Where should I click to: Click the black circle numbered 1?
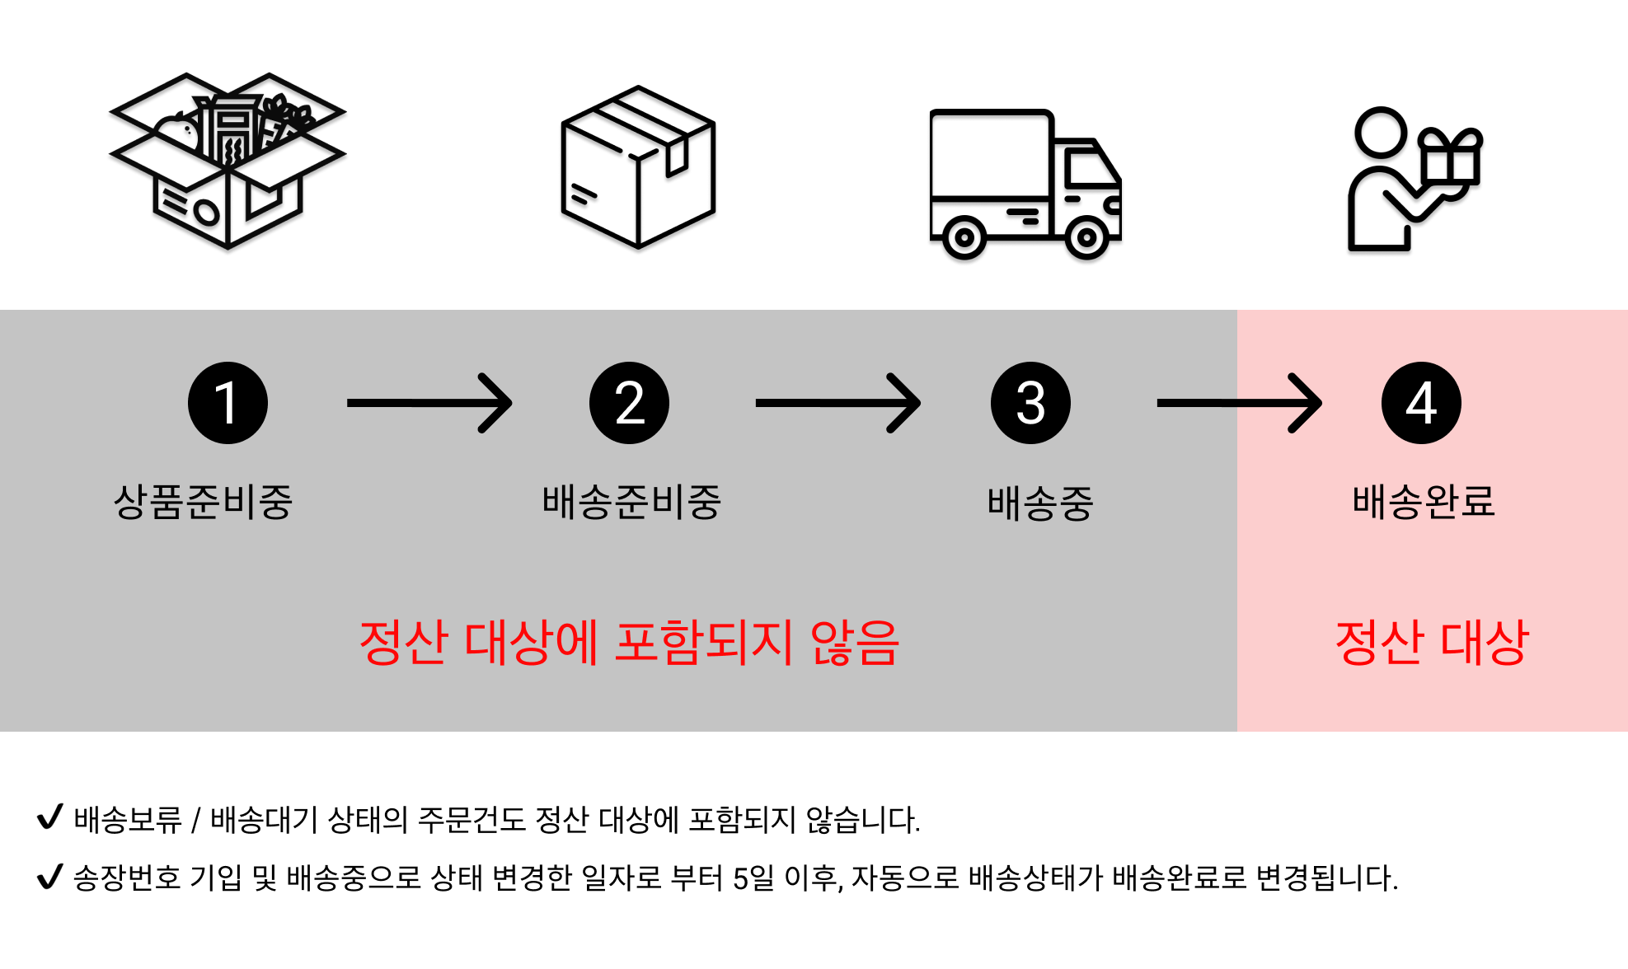[x=228, y=403]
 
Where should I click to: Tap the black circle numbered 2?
[x=629, y=403]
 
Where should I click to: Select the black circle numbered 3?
[x=1030, y=403]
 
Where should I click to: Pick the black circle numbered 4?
[x=1421, y=403]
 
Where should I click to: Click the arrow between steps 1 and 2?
[x=429, y=403]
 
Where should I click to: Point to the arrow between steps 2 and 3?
[x=837, y=403]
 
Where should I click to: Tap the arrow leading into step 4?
[x=1239, y=403]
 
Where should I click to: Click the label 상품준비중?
[x=203, y=502]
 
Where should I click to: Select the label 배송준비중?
[x=631, y=502]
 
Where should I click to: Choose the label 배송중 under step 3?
[x=1040, y=503]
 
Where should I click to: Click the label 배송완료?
[x=1424, y=502]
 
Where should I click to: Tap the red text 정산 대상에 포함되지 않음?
[x=629, y=643]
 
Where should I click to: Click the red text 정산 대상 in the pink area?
[x=1432, y=643]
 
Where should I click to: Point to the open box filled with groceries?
[x=228, y=161]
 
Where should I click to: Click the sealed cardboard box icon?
[x=638, y=166]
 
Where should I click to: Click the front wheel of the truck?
[x=1087, y=239]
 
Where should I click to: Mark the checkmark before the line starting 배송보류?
[x=50, y=817]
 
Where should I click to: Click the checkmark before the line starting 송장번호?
[x=50, y=876]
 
